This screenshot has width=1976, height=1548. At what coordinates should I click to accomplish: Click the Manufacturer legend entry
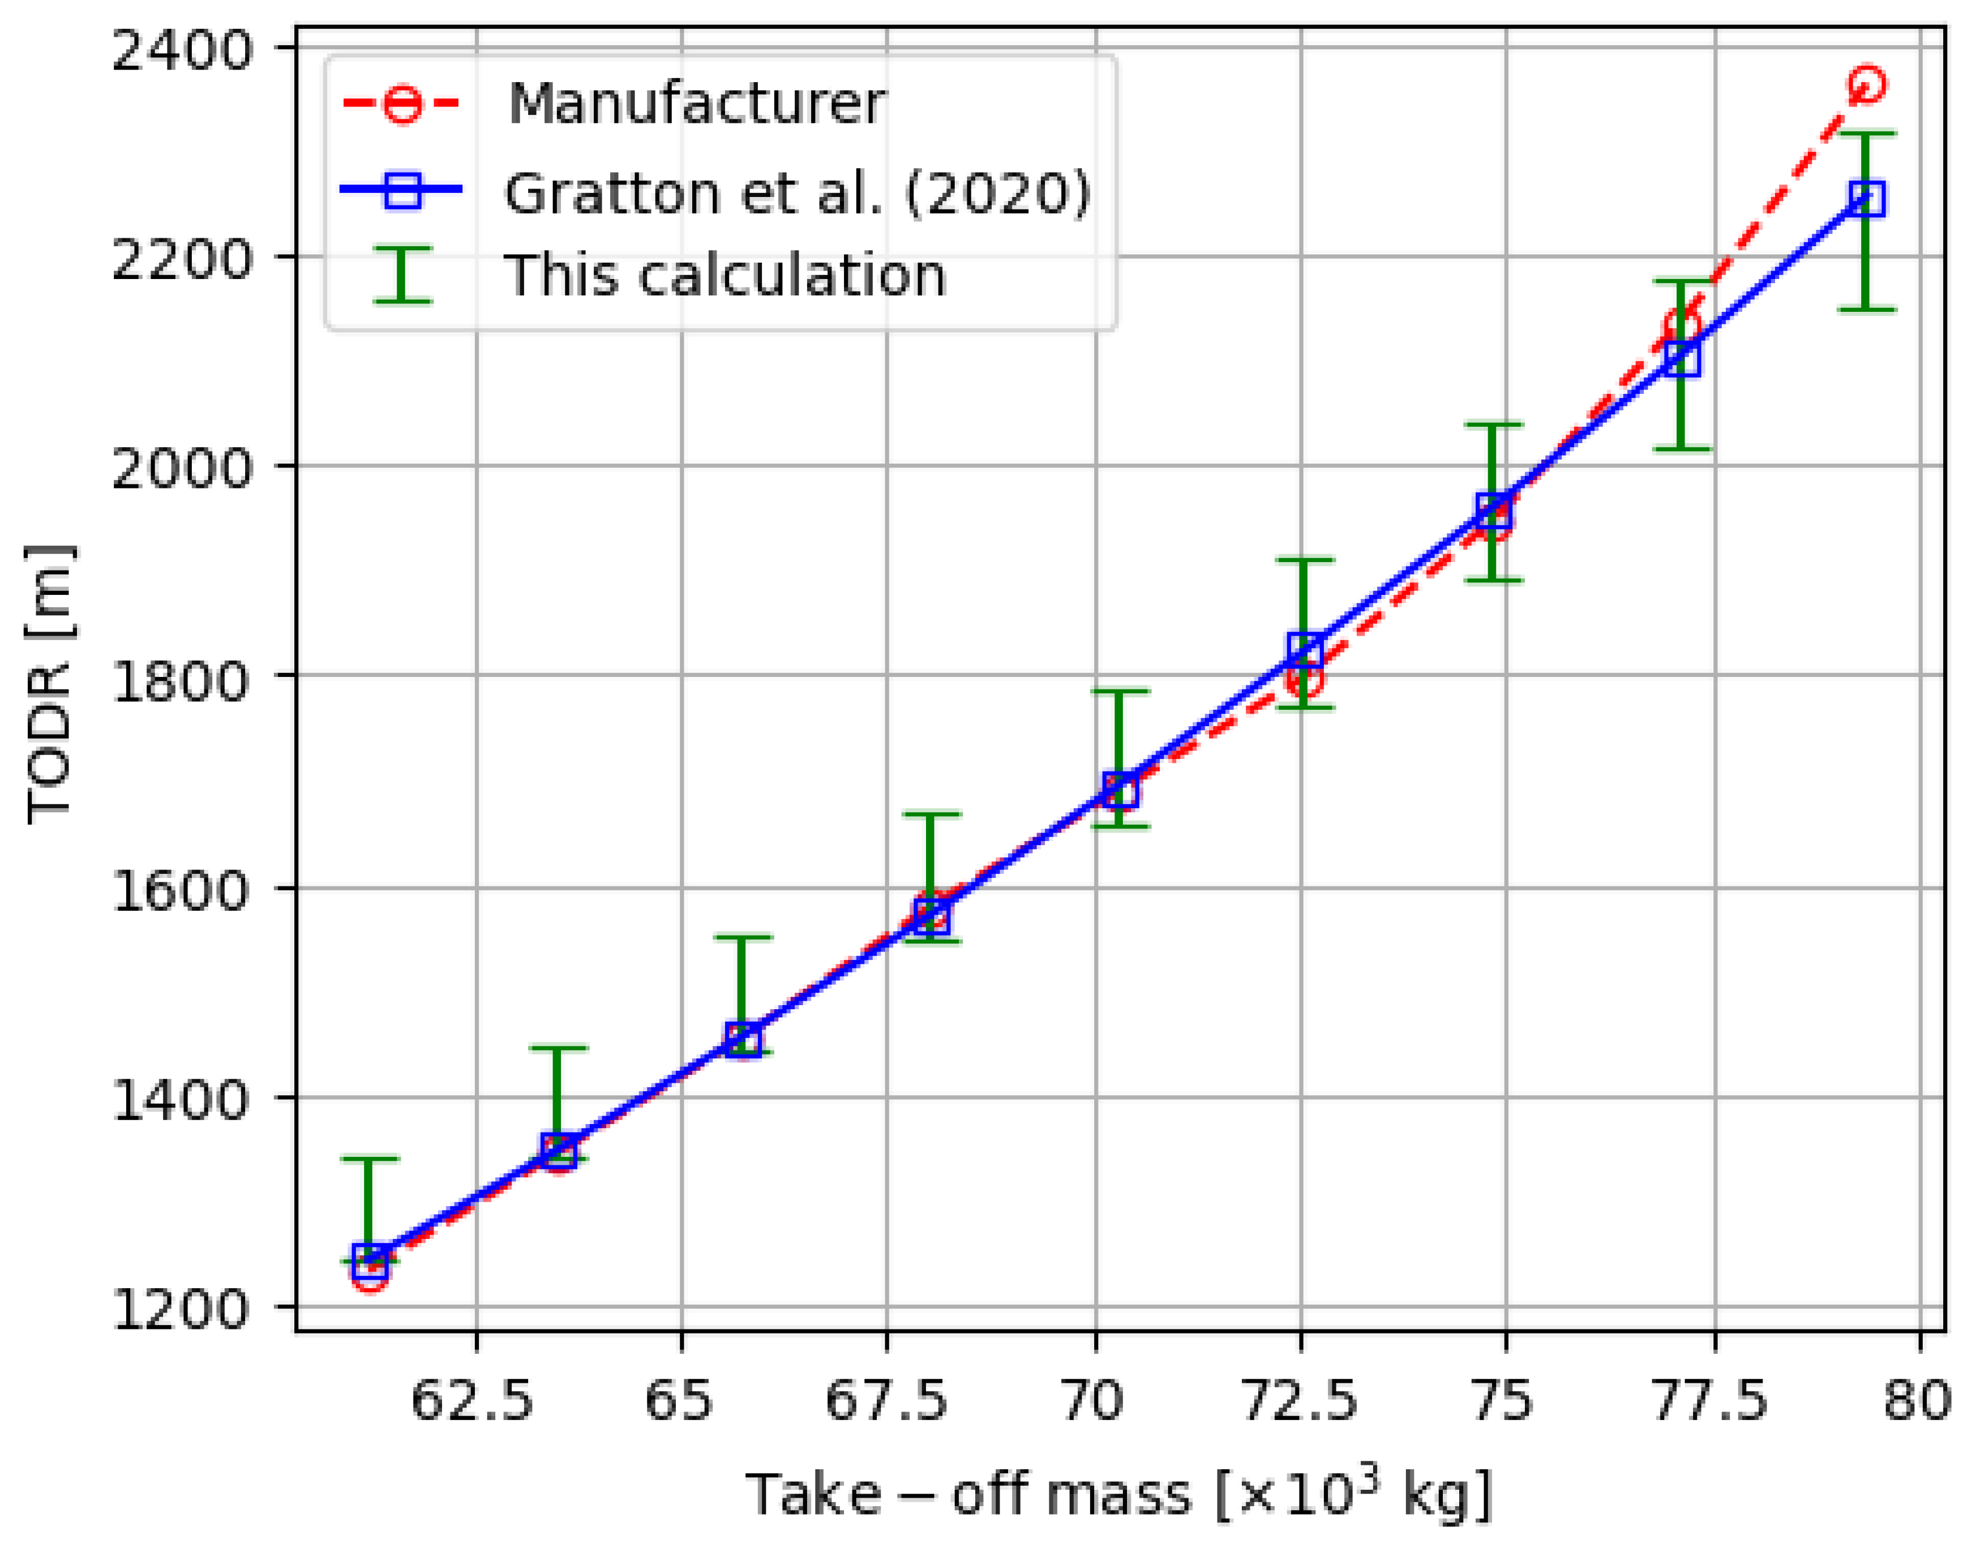[x=696, y=104]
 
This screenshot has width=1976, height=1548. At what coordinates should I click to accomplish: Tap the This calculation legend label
[x=725, y=276]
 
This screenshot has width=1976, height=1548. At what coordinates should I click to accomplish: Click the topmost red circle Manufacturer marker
[x=1866, y=84]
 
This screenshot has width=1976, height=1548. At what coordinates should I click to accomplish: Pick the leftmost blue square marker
[x=369, y=1260]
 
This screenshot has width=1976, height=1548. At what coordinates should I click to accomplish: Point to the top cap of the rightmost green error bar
[x=1866, y=134]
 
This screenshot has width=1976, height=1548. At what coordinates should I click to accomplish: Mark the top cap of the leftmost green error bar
[x=369, y=1159]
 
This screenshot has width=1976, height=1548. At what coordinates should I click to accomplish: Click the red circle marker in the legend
[x=401, y=104]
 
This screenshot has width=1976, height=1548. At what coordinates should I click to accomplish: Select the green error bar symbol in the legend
[x=401, y=274]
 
